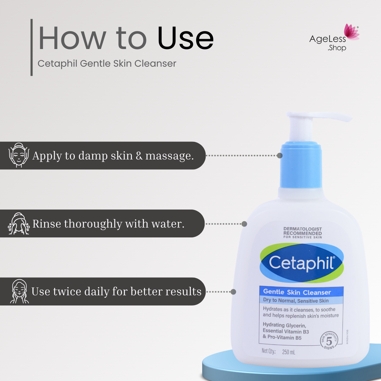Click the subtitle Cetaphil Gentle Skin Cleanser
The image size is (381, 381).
point(107,64)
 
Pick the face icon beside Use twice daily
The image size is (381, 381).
point(18,291)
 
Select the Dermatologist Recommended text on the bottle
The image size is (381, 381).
point(302,233)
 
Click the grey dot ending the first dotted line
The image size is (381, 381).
point(279,155)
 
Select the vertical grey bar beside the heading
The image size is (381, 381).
point(31,47)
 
